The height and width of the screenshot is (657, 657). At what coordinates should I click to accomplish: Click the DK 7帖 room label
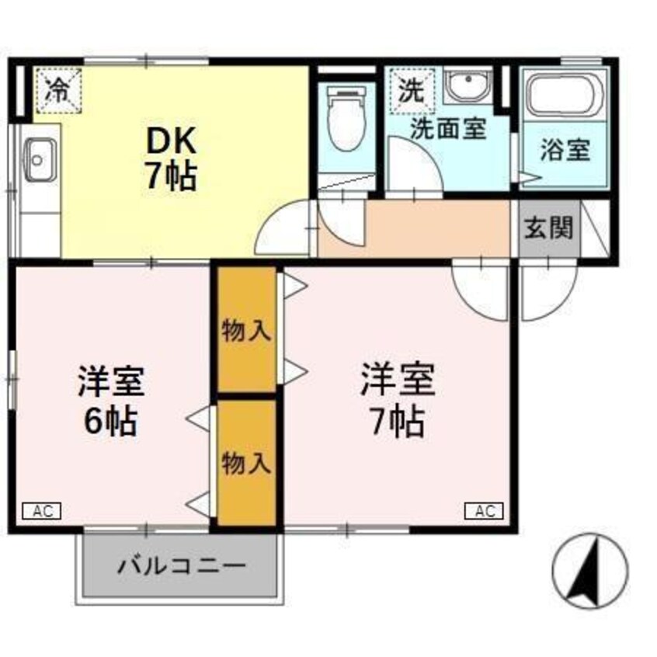click(171, 158)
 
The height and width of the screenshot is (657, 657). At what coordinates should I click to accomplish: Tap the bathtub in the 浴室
click(564, 96)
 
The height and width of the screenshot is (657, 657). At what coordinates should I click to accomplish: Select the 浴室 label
click(565, 149)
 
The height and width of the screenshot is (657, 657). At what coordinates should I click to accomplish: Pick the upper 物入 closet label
click(246, 330)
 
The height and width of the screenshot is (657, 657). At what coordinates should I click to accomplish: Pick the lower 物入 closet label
click(246, 463)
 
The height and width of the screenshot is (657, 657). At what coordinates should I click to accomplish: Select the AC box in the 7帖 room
click(485, 511)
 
